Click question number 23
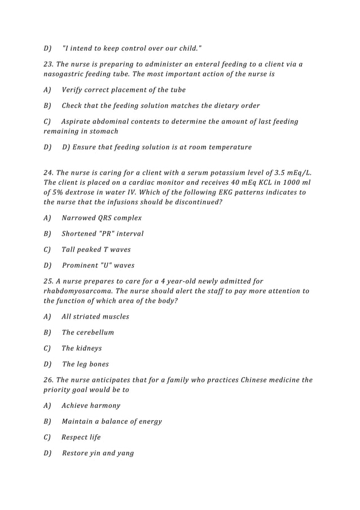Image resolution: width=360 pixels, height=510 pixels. tap(49, 64)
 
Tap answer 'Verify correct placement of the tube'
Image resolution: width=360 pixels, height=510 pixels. tap(124, 90)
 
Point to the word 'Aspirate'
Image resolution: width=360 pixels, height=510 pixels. tap(78, 121)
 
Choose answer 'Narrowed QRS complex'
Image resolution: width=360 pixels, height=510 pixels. tap(102, 218)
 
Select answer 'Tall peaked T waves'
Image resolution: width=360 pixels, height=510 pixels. tap(96, 250)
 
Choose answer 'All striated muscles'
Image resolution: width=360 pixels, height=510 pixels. tap(95, 317)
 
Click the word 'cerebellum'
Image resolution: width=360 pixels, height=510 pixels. tap(96, 333)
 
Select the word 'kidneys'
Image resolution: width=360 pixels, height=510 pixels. tap(90, 348)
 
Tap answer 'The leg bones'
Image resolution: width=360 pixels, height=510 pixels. tap(85, 364)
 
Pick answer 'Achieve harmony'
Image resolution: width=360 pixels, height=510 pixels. tap(91, 406)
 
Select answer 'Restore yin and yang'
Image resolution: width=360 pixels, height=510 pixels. tap(98, 453)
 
